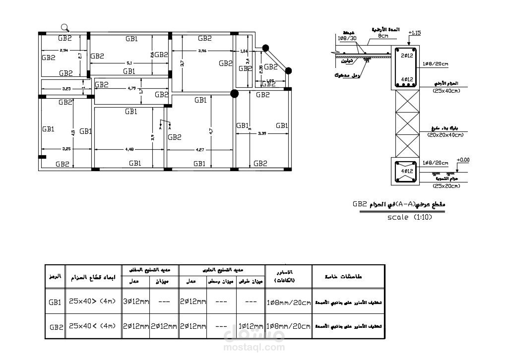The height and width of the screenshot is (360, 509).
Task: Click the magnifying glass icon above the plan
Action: (65, 28)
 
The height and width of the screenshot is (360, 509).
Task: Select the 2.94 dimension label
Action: (64, 51)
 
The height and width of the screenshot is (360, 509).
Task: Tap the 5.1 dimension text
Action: (129, 63)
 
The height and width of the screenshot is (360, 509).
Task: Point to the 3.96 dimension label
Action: (202, 51)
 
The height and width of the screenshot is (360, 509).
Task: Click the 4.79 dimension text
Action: (131, 89)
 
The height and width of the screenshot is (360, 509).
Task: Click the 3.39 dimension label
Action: (262, 133)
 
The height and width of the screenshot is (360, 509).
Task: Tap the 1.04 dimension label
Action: (244, 51)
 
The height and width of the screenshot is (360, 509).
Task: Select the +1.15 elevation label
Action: (414, 33)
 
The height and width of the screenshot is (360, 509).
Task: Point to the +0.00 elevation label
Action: (463, 160)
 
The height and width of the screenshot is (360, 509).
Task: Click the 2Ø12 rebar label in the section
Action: (407, 56)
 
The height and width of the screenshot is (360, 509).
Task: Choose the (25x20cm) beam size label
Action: (447, 186)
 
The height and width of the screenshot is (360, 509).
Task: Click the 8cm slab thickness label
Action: (382, 36)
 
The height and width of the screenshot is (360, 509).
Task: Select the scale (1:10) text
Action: (408, 217)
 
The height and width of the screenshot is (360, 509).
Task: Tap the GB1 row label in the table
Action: (55, 301)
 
